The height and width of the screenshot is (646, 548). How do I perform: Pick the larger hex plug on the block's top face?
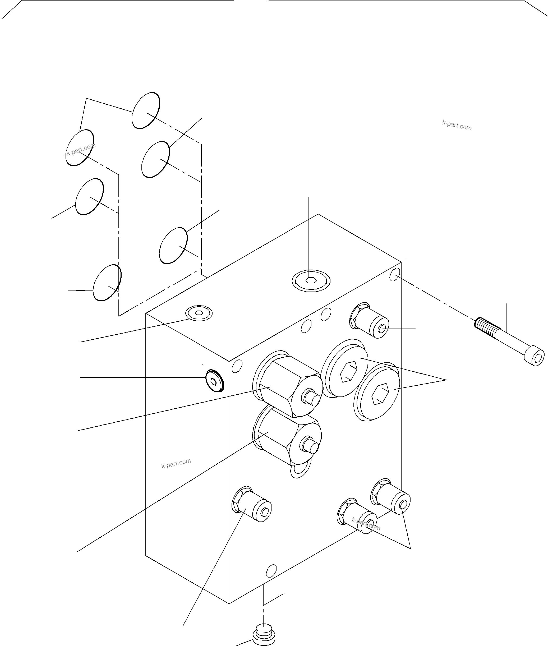(311, 281)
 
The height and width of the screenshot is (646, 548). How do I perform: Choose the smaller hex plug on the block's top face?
(199, 313)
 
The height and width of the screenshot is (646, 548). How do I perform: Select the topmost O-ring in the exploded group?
(146, 110)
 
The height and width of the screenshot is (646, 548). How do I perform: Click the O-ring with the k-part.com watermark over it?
(80, 148)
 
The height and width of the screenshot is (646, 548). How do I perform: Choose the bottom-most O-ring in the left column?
(107, 283)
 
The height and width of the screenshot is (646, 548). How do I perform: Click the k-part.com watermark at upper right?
(457, 125)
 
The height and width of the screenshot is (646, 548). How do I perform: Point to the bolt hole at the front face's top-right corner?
(394, 275)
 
